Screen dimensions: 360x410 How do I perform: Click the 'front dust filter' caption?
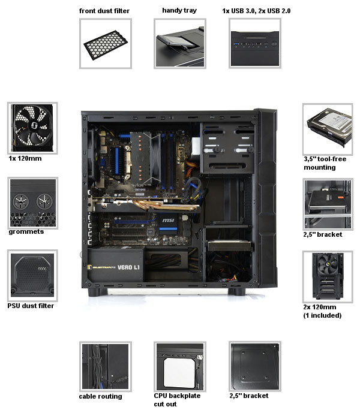(104, 11)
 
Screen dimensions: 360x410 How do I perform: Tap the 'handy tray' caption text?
(179, 10)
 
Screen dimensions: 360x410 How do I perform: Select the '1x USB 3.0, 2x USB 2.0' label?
(256, 11)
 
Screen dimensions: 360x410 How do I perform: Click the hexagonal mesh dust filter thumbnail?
(106, 45)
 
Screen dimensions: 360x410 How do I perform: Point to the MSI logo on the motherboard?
(168, 220)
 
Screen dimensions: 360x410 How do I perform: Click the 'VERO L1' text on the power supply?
(128, 267)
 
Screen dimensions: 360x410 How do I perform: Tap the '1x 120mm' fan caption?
(25, 158)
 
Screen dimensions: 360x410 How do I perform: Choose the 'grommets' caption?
(26, 232)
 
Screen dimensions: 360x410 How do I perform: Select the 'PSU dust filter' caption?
(31, 306)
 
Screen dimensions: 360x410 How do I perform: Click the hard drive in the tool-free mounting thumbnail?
(329, 126)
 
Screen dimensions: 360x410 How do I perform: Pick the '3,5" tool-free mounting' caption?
(325, 163)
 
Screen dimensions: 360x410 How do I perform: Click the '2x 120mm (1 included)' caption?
(322, 311)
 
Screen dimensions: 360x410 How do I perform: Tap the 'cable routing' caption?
(101, 396)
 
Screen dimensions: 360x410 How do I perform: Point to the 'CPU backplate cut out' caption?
(177, 400)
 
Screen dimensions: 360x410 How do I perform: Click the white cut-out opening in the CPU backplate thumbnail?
(179, 373)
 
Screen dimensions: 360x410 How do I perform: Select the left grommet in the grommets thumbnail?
(20, 201)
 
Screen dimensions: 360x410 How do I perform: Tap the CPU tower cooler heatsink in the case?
(141, 159)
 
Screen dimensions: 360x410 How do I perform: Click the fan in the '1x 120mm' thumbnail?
(32, 128)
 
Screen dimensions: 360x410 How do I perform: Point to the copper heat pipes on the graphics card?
(165, 205)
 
